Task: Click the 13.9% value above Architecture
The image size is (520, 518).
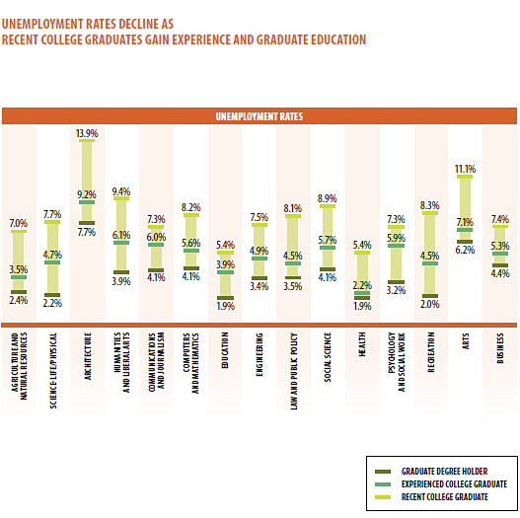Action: coord(87,133)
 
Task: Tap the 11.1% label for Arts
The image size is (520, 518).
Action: coord(465,169)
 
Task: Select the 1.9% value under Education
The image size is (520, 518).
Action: coord(225,306)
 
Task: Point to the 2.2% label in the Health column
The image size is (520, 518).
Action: coord(362,285)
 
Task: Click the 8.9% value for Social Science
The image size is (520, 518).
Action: coord(328,198)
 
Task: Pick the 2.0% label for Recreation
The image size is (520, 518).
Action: coord(430,305)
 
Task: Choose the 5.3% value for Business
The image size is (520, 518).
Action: coord(499,246)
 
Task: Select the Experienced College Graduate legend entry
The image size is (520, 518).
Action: coord(451,484)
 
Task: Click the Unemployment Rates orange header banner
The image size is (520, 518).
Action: coord(260,116)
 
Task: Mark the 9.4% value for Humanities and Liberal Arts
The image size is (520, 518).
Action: coord(121,191)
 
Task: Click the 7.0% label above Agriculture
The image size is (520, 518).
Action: coord(18,223)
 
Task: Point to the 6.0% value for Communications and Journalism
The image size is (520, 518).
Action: coord(156,238)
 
